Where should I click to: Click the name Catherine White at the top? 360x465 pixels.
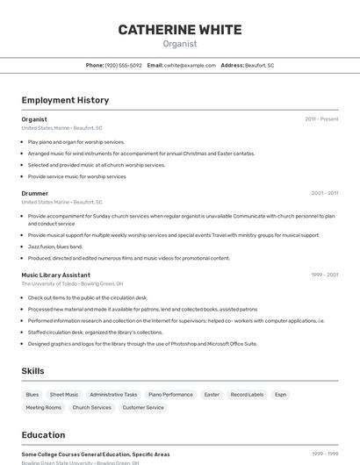coord(180,30)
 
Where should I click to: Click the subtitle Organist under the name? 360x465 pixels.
coord(180,44)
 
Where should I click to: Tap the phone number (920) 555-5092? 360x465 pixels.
coord(123,66)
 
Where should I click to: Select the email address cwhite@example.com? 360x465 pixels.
coord(190,66)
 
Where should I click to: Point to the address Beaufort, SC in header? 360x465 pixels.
coord(259,66)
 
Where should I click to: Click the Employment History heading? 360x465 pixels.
coord(65,100)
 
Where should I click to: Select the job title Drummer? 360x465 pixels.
coord(35,193)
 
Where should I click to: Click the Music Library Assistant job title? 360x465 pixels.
coord(56,275)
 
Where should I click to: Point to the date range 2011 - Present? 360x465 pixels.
coord(321,119)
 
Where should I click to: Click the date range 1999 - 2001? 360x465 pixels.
coord(324,275)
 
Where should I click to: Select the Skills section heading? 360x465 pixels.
coord(33,371)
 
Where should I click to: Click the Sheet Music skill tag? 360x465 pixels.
coord(64,395)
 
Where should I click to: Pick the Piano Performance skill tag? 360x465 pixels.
coord(170,395)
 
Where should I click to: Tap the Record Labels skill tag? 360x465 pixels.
coord(247,395)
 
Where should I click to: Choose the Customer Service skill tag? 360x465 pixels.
coord(143,408)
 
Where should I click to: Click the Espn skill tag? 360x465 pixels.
coord(281,395)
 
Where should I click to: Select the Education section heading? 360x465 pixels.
coord(44,435)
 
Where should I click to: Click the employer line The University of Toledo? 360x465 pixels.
coord(72,284)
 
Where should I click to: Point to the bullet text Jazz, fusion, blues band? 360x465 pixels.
coord(55,247)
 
